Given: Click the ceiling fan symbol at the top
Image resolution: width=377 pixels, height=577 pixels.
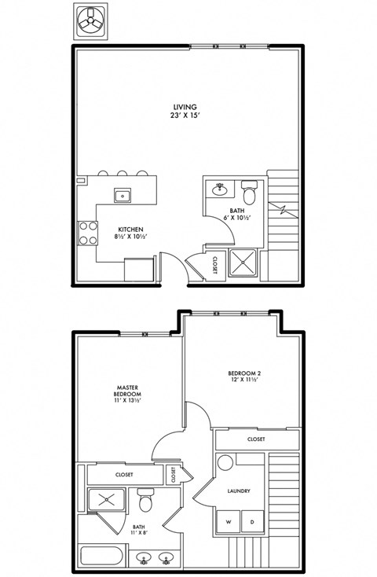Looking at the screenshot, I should point(93,20).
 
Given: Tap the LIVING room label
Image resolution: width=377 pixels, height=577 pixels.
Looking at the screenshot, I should point(185,107).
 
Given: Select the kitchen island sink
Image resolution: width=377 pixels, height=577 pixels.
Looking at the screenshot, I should point(123,194).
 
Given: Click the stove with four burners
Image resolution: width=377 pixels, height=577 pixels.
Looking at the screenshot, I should point(87,233).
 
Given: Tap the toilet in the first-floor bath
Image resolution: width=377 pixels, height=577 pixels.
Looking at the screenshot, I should point(250,192).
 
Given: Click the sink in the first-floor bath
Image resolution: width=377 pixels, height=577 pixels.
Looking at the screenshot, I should point(220,189).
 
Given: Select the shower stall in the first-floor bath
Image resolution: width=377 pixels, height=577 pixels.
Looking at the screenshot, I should point(242,264).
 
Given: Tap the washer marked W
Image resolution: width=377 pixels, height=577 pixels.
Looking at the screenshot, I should point(229,520).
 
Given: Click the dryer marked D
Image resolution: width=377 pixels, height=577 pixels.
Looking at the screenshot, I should point(252,520).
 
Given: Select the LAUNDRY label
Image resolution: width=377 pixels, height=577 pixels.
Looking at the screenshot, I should point(238,491).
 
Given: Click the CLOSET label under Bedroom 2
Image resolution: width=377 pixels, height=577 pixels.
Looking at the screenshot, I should point(255,439).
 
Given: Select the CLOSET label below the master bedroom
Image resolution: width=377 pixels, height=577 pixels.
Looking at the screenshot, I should point(124,474).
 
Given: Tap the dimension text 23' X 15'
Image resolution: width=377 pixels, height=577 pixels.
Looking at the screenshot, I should point(185,116).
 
